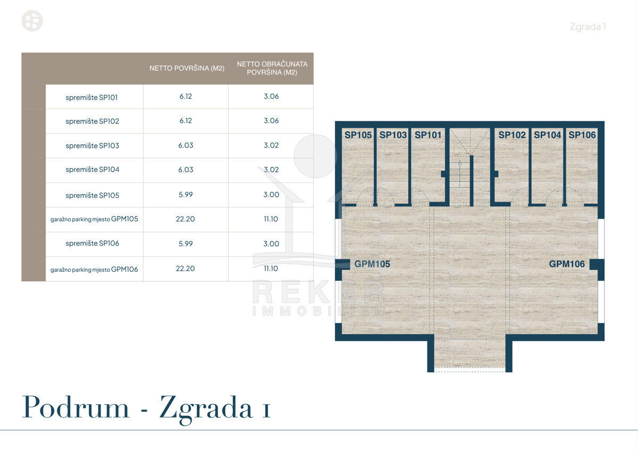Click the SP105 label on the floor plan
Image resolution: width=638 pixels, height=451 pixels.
(x=358, y=135)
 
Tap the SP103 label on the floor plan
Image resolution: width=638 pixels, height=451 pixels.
(x=393, y=135)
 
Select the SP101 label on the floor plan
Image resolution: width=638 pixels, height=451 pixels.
(x=428, y=135)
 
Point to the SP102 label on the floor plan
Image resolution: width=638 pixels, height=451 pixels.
(x=512, y=135)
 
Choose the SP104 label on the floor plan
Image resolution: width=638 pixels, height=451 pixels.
(x=547, y=135)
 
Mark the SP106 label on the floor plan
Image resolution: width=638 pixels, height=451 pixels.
(x=582, y=135)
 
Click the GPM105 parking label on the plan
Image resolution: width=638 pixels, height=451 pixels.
(x=372, y=264)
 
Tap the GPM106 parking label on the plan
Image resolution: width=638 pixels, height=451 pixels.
(x=567, y=264)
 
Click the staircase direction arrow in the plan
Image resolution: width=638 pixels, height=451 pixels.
(x=459, y=174)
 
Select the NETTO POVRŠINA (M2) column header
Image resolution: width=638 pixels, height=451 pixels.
(x=187, y=69)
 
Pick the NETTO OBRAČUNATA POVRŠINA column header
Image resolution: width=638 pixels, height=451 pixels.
(x=272, y=68)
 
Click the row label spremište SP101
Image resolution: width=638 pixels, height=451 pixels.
(x=91, y=97)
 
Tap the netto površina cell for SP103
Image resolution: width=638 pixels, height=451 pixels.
(x=186, y=145)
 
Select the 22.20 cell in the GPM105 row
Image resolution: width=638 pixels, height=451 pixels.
(x=186, y=219)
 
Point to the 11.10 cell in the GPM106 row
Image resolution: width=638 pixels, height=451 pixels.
(x=271, y=269)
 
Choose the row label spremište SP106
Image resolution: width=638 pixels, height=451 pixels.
(x=93, y=243)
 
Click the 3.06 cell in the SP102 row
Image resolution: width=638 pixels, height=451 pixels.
(x=271, y=121)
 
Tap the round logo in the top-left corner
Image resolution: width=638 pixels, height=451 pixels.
(x=32, y=21)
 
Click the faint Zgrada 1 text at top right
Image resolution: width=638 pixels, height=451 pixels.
(x=587, y=27)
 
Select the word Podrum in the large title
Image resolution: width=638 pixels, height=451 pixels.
(x=75, y=407)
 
